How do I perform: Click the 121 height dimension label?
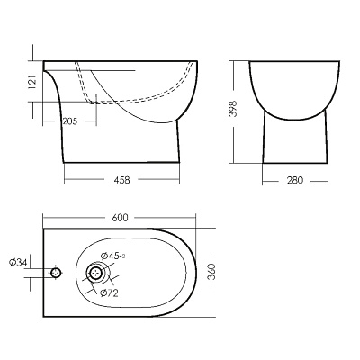[33, 82]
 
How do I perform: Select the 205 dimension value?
[70, 121]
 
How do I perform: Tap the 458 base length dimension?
[122, 180]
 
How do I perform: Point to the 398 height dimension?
[233, 109]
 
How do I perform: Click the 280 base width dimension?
[295, 180]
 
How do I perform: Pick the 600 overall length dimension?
[120, 218]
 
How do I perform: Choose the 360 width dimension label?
[211, 272]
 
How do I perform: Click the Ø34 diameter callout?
[18, 263]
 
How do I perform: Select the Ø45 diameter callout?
[113, 256]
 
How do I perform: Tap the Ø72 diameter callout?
[109, 293]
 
